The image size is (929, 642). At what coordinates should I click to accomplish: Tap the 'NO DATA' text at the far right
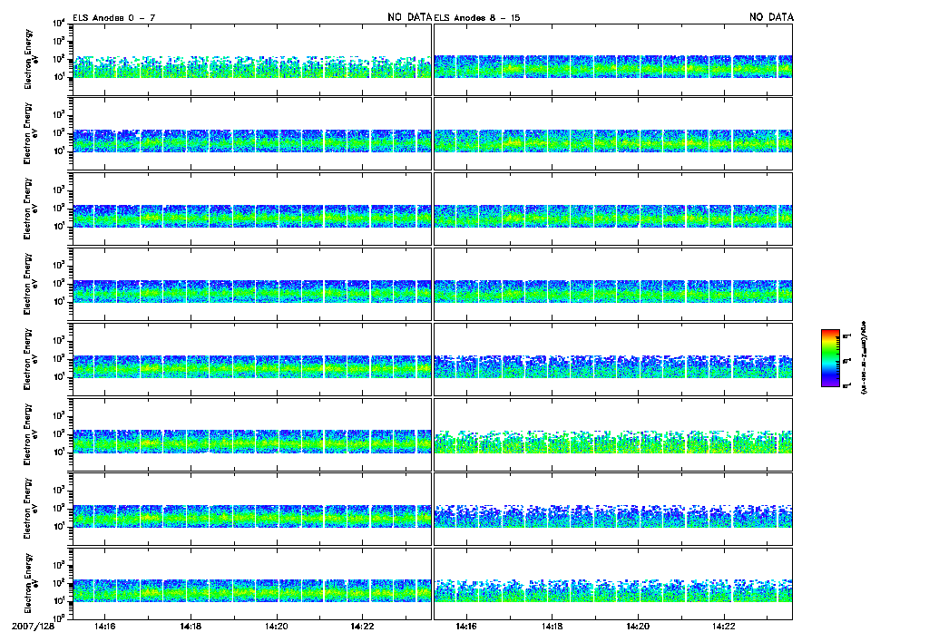tap(771, 17)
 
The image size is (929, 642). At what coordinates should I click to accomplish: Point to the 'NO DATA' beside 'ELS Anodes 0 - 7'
tap(409, 17)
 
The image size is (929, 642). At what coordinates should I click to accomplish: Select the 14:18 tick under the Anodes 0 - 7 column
tap(191, 627)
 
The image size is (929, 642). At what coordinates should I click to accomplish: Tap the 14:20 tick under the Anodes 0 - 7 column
tap(277, 627)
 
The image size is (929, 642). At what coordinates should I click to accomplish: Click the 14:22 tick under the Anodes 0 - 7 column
tap(362, 627)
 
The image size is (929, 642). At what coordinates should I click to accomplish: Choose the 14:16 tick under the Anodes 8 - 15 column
tap(466, 627)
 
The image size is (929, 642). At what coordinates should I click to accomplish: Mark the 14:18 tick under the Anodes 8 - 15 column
tap(552, 627)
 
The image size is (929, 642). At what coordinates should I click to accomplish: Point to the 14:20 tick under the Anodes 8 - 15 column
tap(638, 627)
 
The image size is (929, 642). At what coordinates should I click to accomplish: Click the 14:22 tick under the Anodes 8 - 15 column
tap(723, 627)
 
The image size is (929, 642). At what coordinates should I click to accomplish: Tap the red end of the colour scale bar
tap(829, 333)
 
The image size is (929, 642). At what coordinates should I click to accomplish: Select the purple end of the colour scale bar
tap(829, 384)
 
